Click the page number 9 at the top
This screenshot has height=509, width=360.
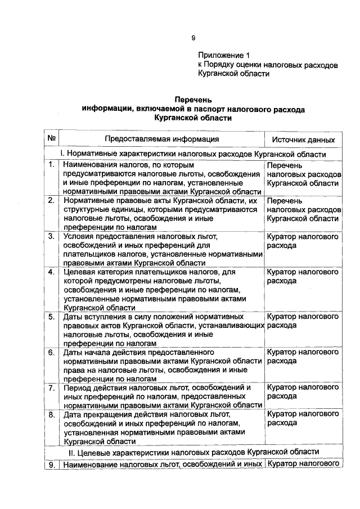193,38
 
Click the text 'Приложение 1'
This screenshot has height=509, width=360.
223,56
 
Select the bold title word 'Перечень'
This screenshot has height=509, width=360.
193,99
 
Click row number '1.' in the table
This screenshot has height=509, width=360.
51,165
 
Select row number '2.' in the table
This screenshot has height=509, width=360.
51,200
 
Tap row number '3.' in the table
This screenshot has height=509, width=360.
51,236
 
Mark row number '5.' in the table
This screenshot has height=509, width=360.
51,317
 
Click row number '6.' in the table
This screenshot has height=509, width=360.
51,353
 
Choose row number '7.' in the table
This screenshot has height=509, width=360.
51,388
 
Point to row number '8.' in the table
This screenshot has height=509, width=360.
51,415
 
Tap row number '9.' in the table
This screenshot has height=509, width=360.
51,465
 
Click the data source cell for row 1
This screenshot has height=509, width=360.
303,174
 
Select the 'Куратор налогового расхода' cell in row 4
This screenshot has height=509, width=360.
303,276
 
